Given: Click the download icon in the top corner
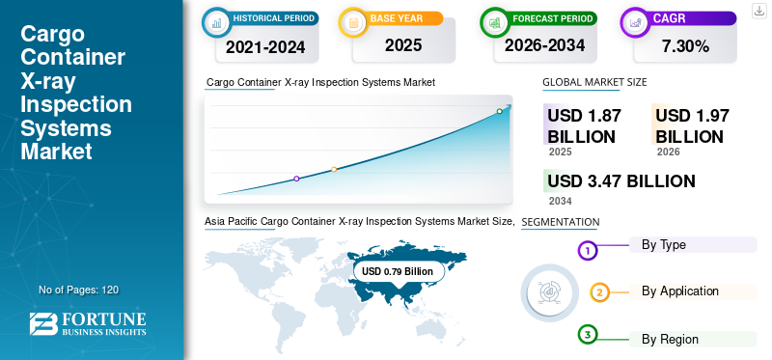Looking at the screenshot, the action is pyautogui.click(x=758, y=11).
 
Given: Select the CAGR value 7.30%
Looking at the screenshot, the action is pyautogui.click(x=685, y=46).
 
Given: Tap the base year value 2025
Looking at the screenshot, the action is pyautogui.click(x=403, y=45).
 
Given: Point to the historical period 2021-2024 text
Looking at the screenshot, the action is pyautogui.click(x=265, y=47).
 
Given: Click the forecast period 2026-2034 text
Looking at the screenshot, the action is pyautogui.click(x=544, y=45).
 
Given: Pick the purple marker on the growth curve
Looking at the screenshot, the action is pyautogui.click(x=296, y=179).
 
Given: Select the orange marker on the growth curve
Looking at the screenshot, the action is pyautogui.click(x=334, y=170).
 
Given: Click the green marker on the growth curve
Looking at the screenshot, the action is pyautogui.click(x=499, y=111).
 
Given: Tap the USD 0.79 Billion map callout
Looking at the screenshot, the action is pyautogui.click(x=398, y=271).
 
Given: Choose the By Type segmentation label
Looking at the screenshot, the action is pyautogui.click(x=663, y=245).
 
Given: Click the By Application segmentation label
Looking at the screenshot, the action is pyautogui.click(x=680, y=291).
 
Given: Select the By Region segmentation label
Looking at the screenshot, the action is pyautogui.click(x=670, y=340).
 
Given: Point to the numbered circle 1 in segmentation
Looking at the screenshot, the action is pyautogui.click(x=588, y=251).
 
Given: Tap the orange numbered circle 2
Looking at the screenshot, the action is pyautogui.click(x=599, y=292).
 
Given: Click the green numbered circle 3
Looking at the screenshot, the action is pyautogui.click(x=588, y=335).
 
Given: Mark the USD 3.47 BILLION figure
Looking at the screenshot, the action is pyautogui.click(x=621, y=181).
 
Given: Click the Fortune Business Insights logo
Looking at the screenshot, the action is pyautogui.click(x=88, y=323).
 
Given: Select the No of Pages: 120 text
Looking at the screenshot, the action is pyautogui.click(x=79, y=290).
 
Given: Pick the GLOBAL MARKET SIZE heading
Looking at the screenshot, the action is pyautogui.click(x=594, y=82).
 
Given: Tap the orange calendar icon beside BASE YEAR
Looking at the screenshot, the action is pyautogui.click(x=353, y=22).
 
